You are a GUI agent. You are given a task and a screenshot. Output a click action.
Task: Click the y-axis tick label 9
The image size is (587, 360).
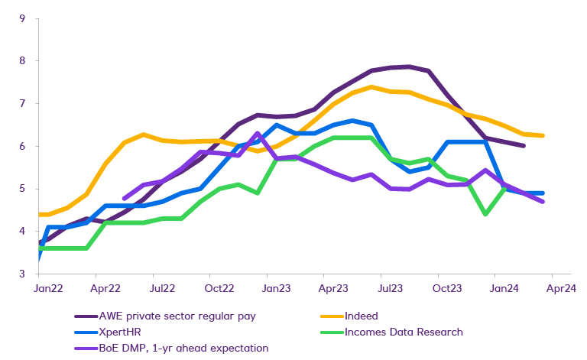23,18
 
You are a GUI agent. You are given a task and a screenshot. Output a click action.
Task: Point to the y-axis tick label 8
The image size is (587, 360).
23,60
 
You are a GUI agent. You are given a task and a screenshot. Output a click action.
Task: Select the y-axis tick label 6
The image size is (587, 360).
23,146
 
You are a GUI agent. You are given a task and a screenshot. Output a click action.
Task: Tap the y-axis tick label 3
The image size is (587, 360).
23,274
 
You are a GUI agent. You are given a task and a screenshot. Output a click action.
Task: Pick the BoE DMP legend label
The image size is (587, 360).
183,349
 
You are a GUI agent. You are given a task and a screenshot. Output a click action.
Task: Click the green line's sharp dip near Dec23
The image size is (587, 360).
486,215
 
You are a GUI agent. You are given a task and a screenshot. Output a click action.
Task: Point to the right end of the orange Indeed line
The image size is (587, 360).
563,136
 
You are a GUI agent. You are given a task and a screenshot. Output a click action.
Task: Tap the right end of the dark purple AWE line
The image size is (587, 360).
524,145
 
